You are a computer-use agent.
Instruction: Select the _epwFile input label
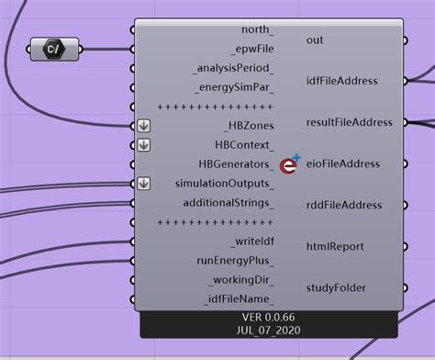pos(250,49)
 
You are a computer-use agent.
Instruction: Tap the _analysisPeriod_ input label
pos(233,68)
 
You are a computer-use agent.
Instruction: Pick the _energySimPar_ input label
pos(234,88)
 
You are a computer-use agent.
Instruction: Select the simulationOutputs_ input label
pos(224,184)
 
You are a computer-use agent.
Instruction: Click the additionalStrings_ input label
pos(228,203)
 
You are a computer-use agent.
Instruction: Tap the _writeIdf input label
pos(251,242)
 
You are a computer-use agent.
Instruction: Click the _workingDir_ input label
pos(242,280)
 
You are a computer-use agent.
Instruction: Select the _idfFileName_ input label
pos(239,299)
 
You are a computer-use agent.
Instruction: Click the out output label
pos(315,40)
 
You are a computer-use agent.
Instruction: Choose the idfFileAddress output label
pos(341,81)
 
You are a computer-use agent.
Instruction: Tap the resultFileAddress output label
pos(349,122)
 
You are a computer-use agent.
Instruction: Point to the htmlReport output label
pos(335,246)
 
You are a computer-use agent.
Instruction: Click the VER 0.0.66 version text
pos(269,317)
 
